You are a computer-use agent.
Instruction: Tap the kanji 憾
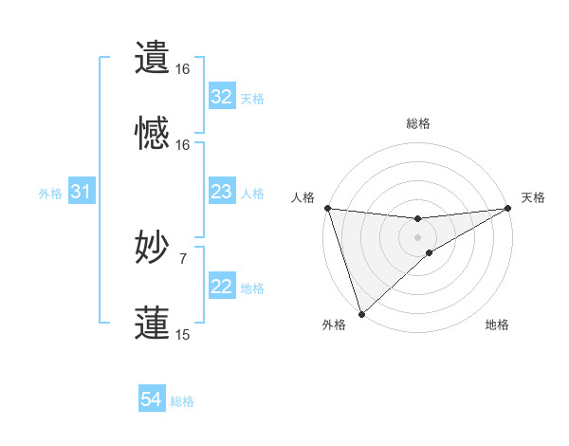[153, 134]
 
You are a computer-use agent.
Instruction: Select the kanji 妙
[153, 248]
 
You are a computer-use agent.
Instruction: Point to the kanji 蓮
[153, 323]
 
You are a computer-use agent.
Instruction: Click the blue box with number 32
[221, 97]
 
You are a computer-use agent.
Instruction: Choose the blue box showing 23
[221, 193]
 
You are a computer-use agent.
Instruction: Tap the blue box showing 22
[221, 288]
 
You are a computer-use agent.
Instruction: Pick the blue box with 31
[81, 193]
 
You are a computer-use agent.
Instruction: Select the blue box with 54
[151, 400]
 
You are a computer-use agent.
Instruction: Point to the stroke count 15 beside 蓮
[182, 334]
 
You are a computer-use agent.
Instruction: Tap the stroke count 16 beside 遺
[182, 69]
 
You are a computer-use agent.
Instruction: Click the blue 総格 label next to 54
[182, 401]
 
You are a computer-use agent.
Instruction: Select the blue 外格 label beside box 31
[50, 194]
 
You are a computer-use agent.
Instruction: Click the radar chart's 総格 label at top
[418, 123]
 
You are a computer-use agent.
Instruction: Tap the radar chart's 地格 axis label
[497, 325]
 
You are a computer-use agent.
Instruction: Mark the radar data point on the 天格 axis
[509, 208]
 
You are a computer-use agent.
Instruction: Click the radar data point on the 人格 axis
[327, 208]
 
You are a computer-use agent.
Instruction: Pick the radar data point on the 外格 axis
[361, 313]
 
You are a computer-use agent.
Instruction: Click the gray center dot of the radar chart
[418, 236]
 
